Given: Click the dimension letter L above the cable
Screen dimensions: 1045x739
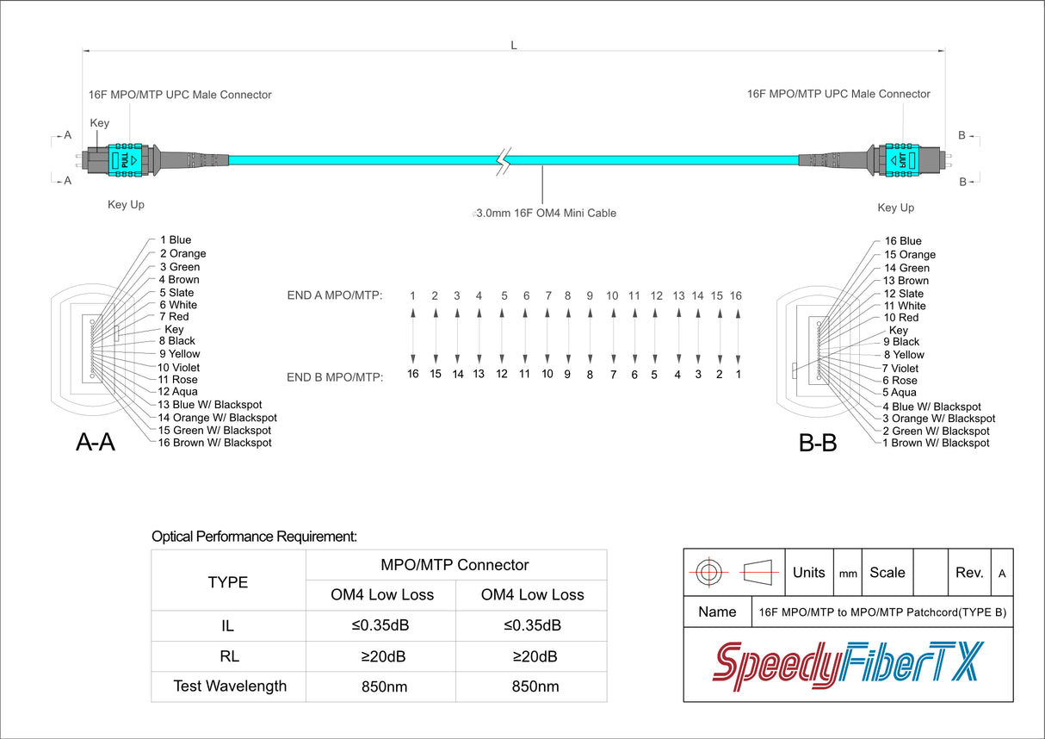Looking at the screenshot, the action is [x=514, y=46].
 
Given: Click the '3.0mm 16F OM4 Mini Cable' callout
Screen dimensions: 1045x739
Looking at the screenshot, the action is [x=546, y=213].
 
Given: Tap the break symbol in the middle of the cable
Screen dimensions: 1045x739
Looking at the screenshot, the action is [x=503, y=161].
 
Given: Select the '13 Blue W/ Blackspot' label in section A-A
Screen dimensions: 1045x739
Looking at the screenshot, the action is [x=210, y=404].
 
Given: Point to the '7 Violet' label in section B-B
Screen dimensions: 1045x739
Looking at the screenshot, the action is [x=900, y=368].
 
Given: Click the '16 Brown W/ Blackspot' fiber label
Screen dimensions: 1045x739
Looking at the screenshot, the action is [x=214, y=443].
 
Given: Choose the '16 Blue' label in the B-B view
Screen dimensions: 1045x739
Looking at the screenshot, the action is [x=903, y=241].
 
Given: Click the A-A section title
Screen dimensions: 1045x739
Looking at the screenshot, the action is [x=96, y=442].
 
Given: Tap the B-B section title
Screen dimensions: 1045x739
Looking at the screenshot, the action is [x=818, y=443].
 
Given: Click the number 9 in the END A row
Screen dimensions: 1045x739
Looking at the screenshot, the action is [x=590, y=295].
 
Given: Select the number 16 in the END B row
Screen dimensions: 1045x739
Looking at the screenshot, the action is [x=413, y=374].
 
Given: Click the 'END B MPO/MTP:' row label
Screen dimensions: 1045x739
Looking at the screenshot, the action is [x=335, y=377].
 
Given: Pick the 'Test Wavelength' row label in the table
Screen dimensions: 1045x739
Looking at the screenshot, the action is [x=230, y=686].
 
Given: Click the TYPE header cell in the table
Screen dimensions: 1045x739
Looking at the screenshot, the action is [x=228, y=582].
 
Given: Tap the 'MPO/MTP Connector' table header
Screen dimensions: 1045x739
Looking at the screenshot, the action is [x=454, y=565].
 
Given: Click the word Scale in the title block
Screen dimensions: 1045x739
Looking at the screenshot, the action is [x=887, y=573].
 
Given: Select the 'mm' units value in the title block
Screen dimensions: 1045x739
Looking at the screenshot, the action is [x=848, y=574].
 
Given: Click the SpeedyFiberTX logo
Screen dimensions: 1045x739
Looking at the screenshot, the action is [x=848, y=666].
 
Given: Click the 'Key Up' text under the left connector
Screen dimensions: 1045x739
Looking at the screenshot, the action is [x=126, y=204].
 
